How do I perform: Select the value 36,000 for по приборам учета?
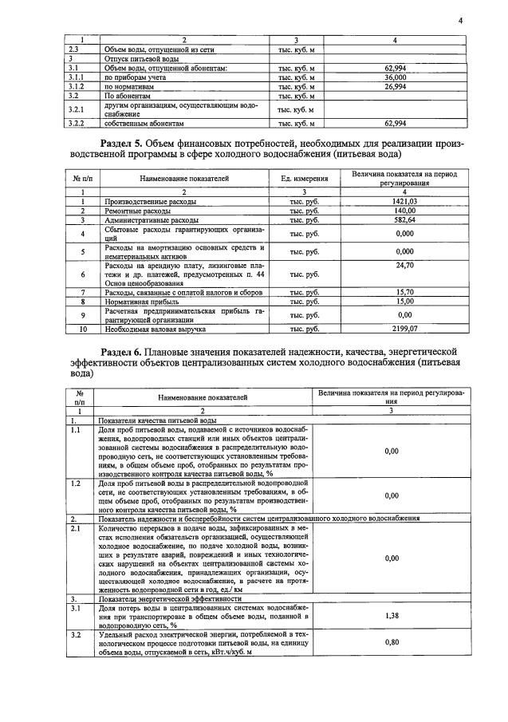[x=396, y=78]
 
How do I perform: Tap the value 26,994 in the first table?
[x=396, y=86]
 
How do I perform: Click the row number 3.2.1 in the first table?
[x=77, y=109]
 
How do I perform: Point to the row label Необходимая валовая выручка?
[x=152, y=328]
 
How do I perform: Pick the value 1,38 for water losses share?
[x=391, y=616]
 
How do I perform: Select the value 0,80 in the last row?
[x=391, y=641]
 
